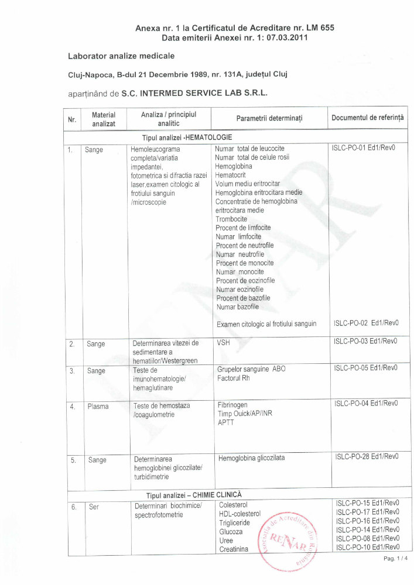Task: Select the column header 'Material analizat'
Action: coord(104,119)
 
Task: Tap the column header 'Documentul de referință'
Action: coord(367,118)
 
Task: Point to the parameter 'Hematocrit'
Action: coord(231,175)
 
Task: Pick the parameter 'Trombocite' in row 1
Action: coord(231,219)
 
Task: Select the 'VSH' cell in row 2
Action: coord(223,343)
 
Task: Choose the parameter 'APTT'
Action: coord(225,422)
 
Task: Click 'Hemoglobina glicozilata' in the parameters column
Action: coord(251,458)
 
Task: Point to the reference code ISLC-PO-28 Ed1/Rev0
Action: coord(367,457)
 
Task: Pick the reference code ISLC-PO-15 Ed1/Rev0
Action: coord(367,503)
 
